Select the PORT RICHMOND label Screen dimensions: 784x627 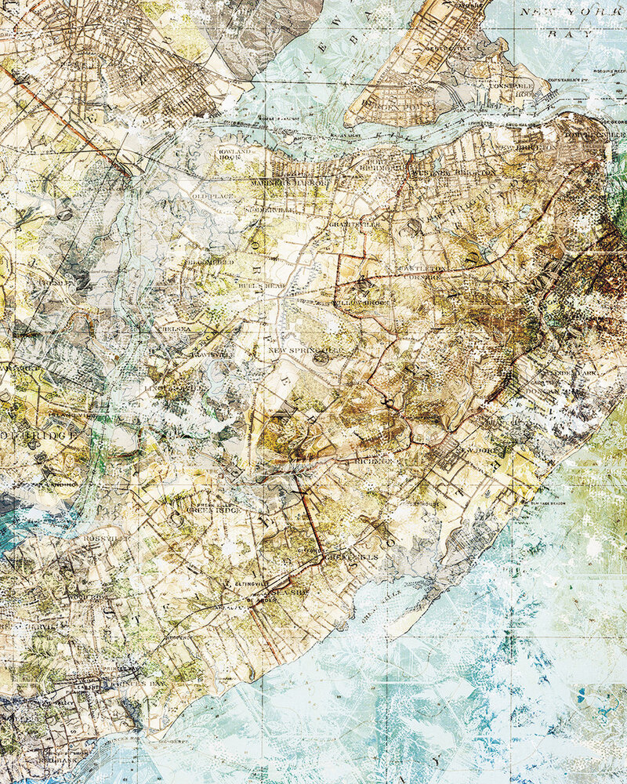pyautogui.click(x=376, y=165)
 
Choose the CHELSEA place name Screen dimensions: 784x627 pyautogui.click(x=174, y=330)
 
